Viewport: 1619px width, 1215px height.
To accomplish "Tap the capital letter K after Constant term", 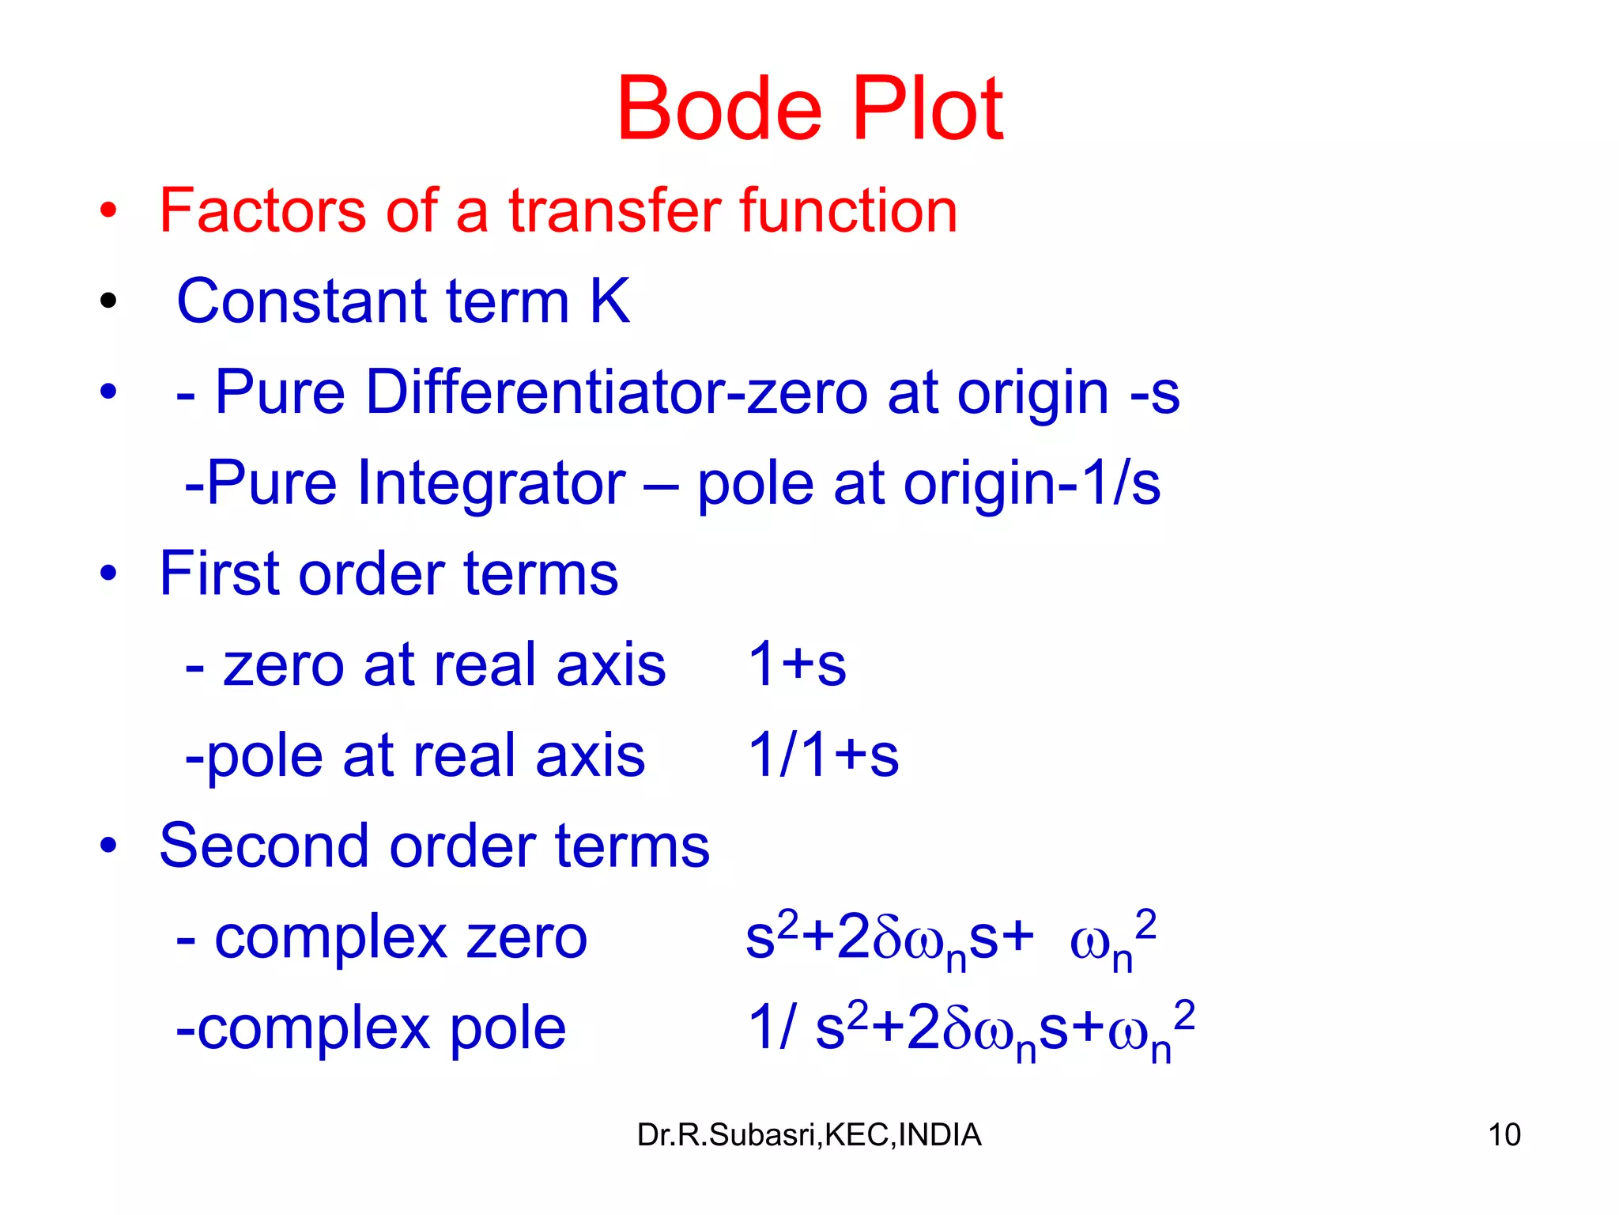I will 609,301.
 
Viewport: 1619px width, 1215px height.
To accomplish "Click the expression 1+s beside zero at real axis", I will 797,664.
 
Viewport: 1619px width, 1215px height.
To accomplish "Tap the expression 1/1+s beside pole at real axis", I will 823,755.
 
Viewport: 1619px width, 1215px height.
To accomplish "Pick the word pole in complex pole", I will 508,1029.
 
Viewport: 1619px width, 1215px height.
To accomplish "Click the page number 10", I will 1504,1135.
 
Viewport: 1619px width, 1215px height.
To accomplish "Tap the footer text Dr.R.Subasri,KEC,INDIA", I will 809,1135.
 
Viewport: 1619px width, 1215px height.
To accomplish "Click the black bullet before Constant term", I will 108,301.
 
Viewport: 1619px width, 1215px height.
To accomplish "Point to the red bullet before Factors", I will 108,211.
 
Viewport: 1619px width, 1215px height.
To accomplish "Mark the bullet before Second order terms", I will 108,846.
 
